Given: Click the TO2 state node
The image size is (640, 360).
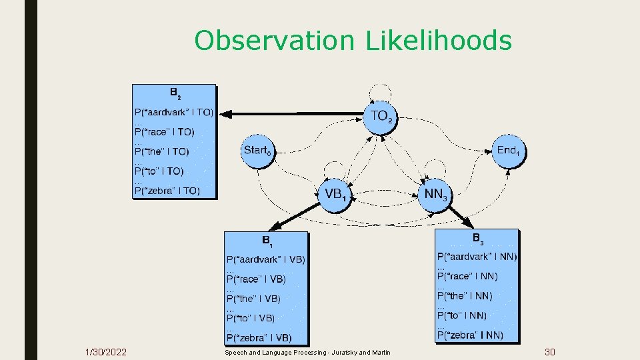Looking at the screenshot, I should coord(381,117).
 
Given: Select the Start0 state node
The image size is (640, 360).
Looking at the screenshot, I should coord(257,151).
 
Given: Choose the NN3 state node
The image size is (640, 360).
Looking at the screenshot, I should coord(435,195).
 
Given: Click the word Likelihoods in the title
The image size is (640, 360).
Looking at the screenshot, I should coord(439,41).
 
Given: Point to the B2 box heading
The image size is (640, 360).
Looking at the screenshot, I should coord(175,93).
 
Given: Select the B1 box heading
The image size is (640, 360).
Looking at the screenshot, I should coord(267,240).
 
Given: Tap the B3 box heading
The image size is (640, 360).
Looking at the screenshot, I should coord(477,239).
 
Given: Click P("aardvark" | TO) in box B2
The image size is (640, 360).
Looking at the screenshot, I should coord(174,113).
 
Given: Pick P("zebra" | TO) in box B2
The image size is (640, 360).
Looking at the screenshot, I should coord(167,191).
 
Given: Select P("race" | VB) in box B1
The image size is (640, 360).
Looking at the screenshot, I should coord(256,279).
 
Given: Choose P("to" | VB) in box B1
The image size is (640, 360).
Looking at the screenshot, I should coord(251,318).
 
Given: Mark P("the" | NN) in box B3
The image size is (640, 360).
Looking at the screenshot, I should coord(465,295).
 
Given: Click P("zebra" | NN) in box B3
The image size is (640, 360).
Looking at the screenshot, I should coord(470,335).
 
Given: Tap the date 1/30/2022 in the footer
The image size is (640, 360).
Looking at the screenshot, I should coord(106,352).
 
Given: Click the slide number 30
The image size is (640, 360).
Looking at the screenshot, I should coord(550,352).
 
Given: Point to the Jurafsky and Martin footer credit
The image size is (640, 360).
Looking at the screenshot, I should coord(307,352).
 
